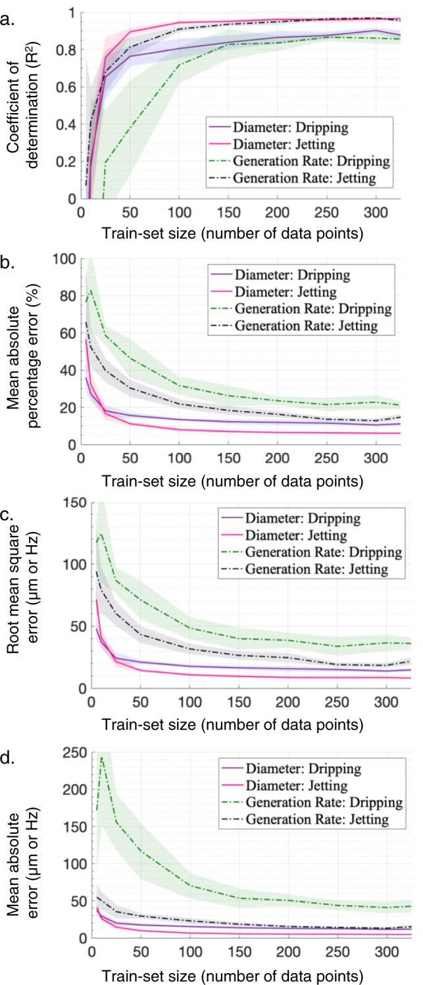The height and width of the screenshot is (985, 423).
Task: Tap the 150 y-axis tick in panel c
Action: coord(74,503)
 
